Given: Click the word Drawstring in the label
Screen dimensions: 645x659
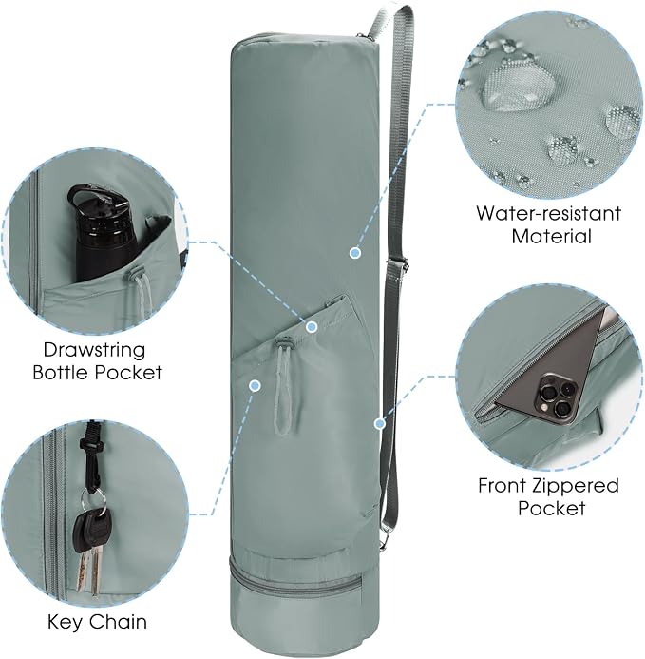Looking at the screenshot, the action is tap(94, 350).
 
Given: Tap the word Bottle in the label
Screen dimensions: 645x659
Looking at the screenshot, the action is tap(61, 373).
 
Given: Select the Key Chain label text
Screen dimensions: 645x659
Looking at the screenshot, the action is tap(97, 622).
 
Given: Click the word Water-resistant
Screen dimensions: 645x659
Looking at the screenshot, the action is tap(548, 213).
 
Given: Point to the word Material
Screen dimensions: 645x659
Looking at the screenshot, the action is tap(551, 236).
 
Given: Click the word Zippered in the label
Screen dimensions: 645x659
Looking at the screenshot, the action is tap(575, 486).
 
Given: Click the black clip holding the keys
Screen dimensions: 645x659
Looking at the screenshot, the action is tap(92, 456).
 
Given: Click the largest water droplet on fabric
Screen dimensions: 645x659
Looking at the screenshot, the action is tap(518, 87).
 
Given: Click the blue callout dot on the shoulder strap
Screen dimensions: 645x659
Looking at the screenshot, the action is tap(380, 424).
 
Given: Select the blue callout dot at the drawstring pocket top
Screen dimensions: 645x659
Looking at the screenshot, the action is tap(312, 326).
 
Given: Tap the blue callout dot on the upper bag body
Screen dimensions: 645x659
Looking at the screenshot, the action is tap(355, 253).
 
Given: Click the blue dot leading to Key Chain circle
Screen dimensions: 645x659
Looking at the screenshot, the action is tap(255, 385).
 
